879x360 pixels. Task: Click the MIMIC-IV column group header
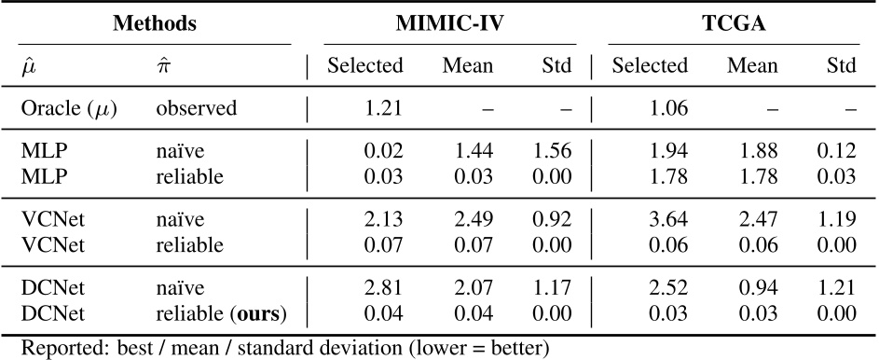click(450, 24)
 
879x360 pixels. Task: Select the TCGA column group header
click(734, 24)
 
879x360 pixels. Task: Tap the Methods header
click(155, 24)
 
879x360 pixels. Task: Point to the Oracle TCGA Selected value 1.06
click(668, 108)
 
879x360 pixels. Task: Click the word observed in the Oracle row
click(197, 108)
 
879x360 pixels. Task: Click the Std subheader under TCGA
click(843, 66)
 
